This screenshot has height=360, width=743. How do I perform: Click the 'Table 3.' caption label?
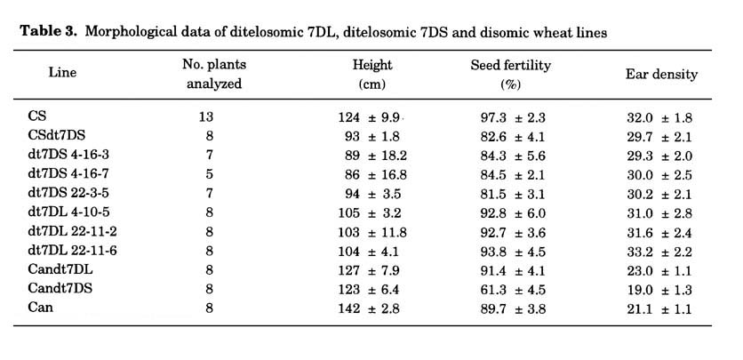point(48,32)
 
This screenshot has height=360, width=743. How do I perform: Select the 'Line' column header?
point(62,73)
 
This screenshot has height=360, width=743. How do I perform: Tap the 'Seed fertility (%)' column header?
point(510,75)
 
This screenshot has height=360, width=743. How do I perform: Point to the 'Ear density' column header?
point(661,74)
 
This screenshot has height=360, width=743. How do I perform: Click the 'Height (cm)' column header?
point(372,75)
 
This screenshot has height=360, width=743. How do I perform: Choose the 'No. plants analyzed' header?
point(214,74)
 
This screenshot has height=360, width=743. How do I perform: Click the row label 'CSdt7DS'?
point(56,135)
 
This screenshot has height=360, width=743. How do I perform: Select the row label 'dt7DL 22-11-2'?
point(72,232)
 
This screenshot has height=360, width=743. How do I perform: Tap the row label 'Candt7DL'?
point(60,269)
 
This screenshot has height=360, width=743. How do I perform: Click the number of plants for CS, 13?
point(206,116)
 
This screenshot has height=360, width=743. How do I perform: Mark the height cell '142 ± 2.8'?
point(369,308)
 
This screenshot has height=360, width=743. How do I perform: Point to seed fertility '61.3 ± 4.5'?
point(513,290)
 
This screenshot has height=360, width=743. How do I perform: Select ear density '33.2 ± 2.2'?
point(659,252)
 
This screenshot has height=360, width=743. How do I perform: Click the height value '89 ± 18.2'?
point(375,156)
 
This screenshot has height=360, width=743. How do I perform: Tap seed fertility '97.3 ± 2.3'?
point(513,117)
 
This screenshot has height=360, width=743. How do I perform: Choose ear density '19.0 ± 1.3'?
point(659,290)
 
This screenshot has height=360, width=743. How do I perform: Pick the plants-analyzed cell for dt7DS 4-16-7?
point(210,174)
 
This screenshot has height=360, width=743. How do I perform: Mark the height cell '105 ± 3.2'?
point(370,213)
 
